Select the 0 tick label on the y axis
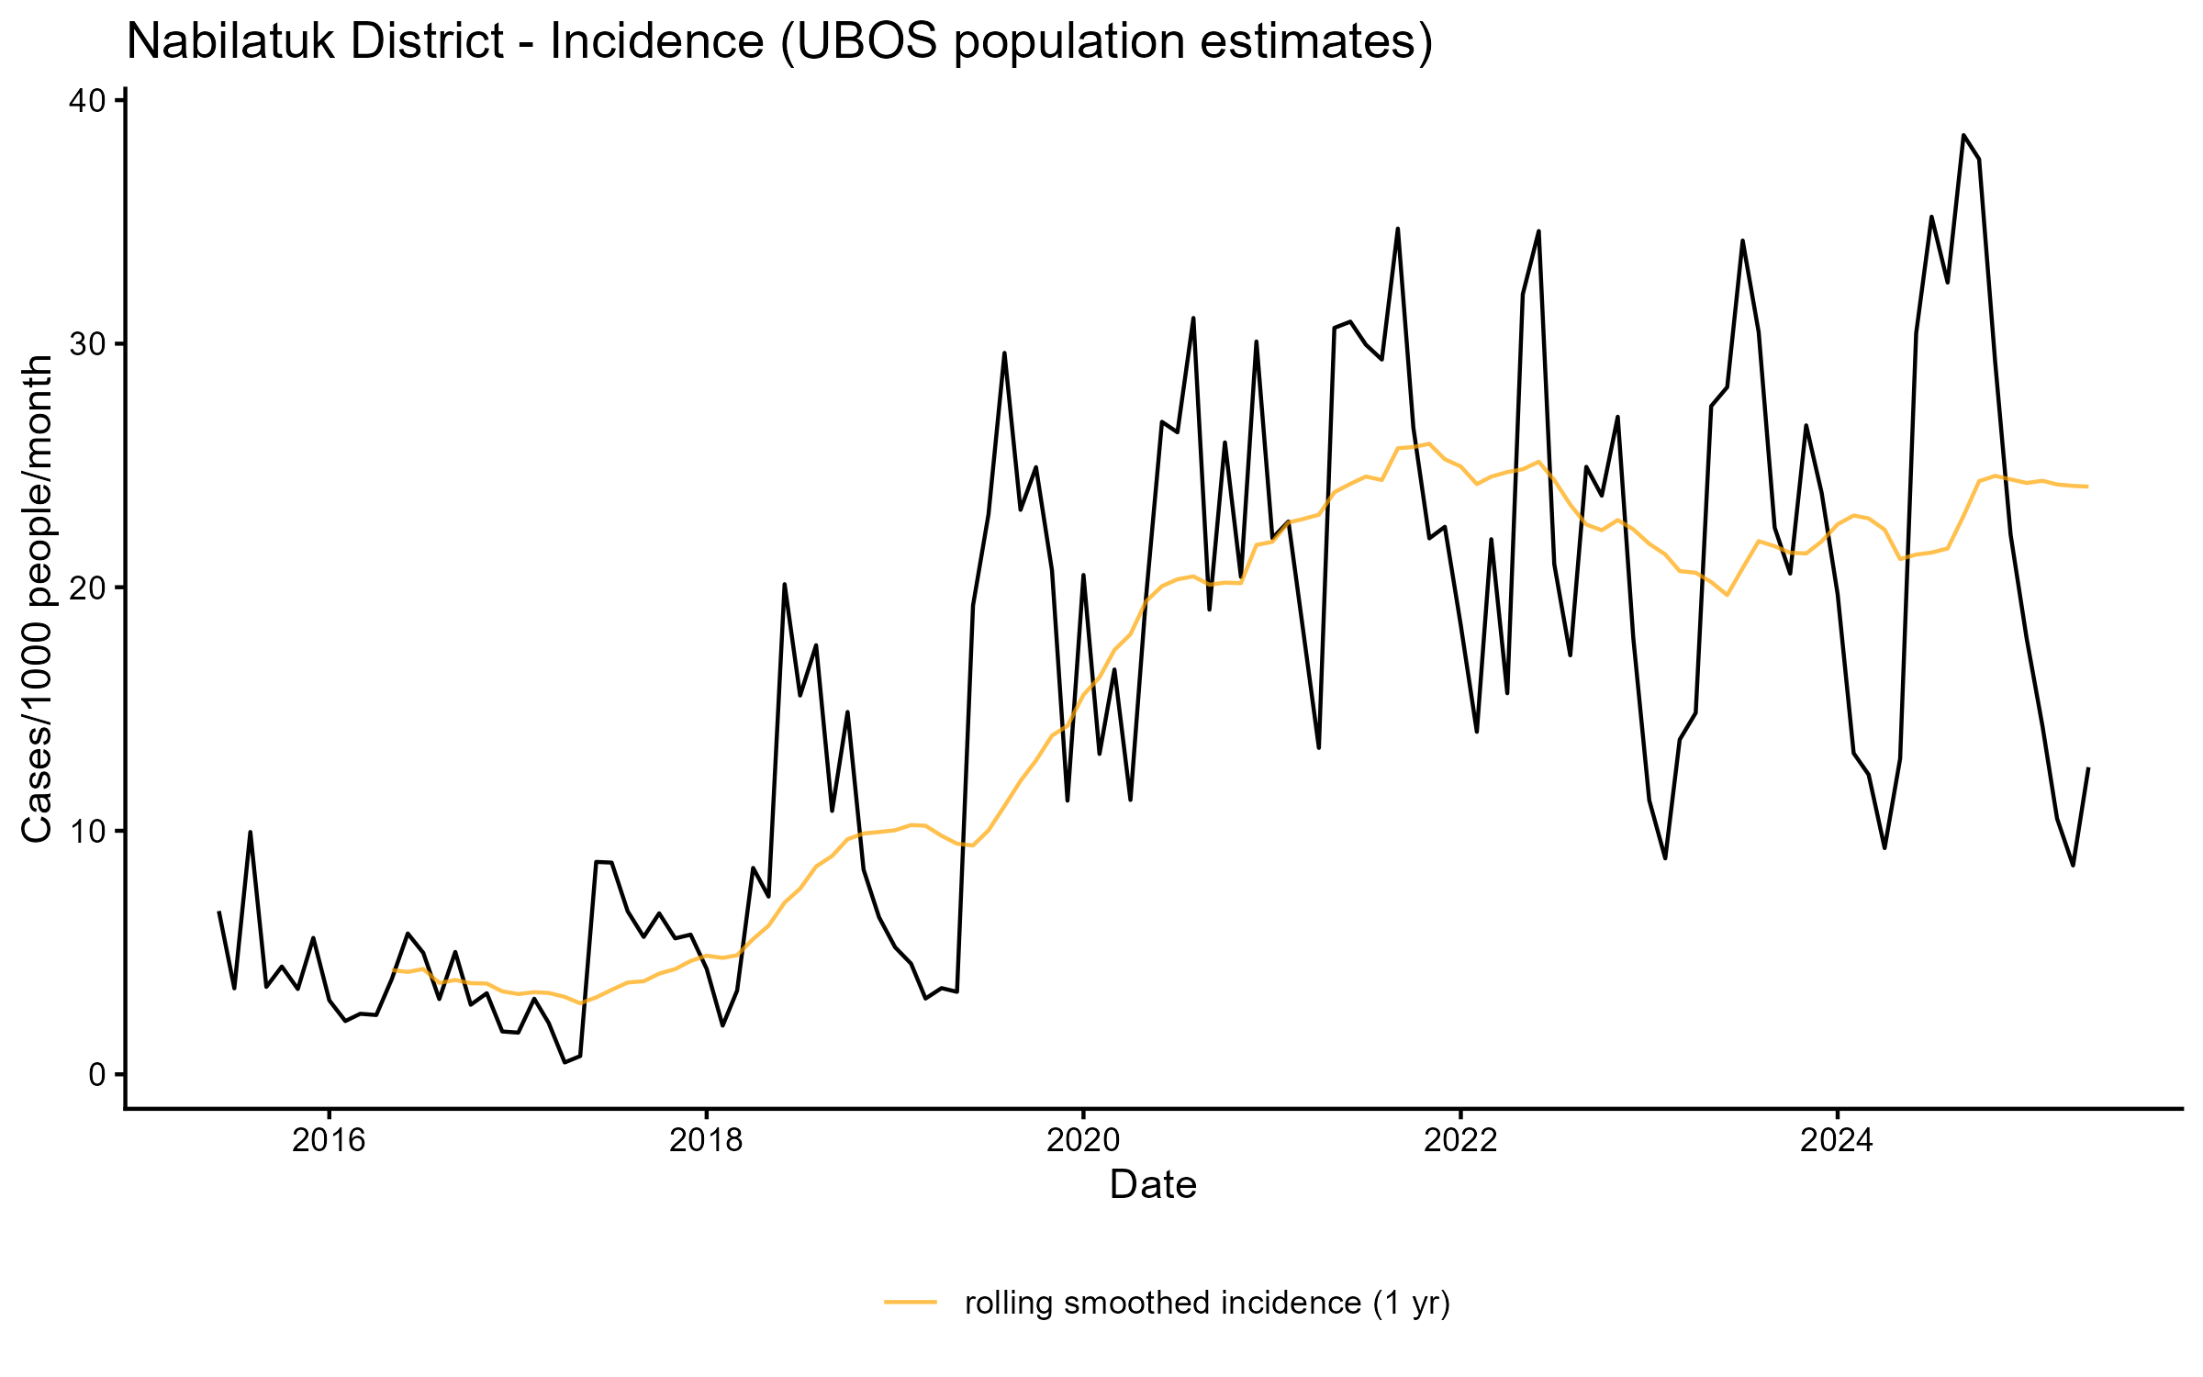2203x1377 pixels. click(97, 1075)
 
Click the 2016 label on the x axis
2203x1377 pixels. click(329, 1141)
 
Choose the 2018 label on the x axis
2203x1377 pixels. click(706, 1141)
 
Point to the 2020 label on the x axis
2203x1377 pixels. click(1083, 1141)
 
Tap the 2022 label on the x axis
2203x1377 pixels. click(1459, 1141)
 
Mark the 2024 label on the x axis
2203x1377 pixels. click(1837, 1141)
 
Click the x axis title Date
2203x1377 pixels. click(1153, 1185)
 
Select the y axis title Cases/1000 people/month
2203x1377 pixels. click(38, 599)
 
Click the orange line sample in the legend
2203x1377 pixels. click(911, 1302)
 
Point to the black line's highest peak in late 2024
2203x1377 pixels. click(1963, 135)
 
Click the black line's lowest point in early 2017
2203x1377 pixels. click(565, 1062)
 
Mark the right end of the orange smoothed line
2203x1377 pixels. click(2087, 487)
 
